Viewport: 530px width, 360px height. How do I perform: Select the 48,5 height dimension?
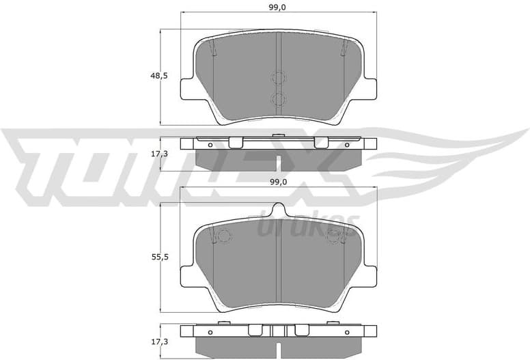[160, 76]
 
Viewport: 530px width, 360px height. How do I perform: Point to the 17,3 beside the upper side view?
[160, 154]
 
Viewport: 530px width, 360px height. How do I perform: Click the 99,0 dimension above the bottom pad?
[278, 182]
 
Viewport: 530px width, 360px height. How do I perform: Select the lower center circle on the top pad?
[278, 100]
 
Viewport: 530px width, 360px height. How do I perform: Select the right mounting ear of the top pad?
[368, 89]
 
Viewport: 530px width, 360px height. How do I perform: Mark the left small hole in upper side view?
[210, 144]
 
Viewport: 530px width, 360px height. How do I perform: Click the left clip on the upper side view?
[235, 142]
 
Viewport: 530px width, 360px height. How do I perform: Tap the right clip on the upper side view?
[321, 142]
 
